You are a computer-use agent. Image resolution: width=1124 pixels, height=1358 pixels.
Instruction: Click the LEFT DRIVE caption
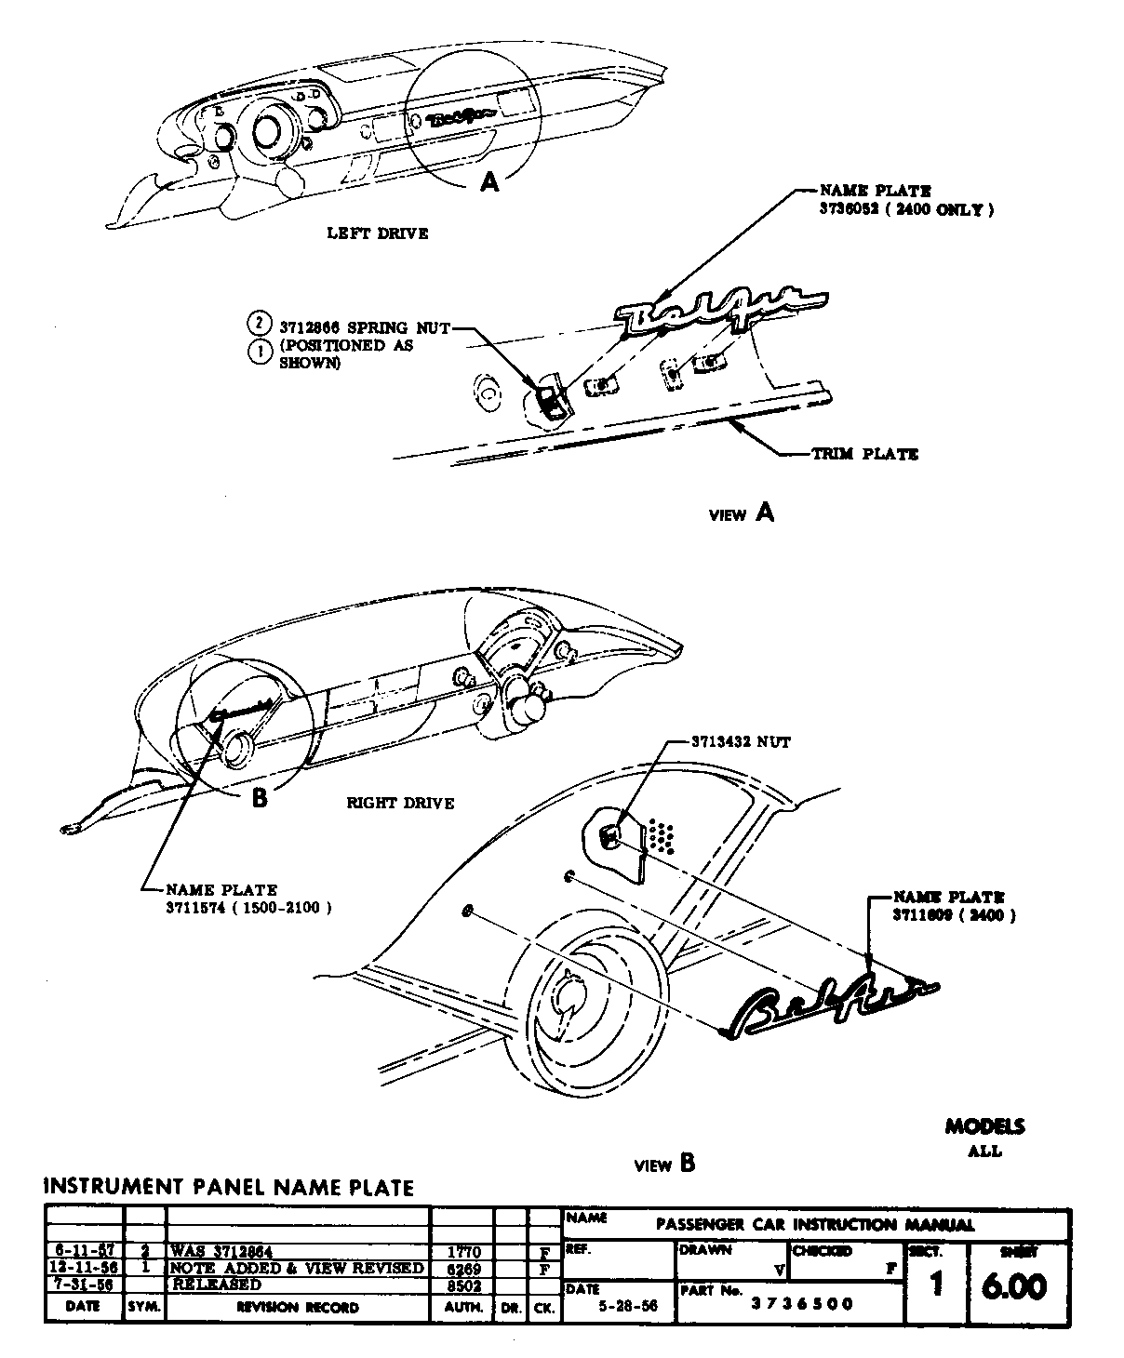pyautogui.click(x=377, y=233)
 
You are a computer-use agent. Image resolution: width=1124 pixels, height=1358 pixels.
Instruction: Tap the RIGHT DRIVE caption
pyautogui.click(x=400, y=803)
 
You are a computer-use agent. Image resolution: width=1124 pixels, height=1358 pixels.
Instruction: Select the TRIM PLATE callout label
pyautogui.click(x=864, y=454)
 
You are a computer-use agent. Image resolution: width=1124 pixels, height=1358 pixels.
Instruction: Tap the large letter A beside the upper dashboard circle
pyautogui.click(x=489, y=183)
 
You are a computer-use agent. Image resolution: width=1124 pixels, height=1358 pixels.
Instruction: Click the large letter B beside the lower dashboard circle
pyautogui.click(x=260, y=798)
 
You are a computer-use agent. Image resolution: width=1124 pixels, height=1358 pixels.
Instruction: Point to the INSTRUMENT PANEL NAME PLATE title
pyautogui.click(x=229, y=1187)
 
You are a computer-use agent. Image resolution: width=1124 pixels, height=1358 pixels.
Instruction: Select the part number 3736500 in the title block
pyautogui.click(x=802, y=1303)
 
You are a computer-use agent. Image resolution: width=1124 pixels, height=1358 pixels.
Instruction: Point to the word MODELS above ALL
pyautogui.click(x=984, y=1127)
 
